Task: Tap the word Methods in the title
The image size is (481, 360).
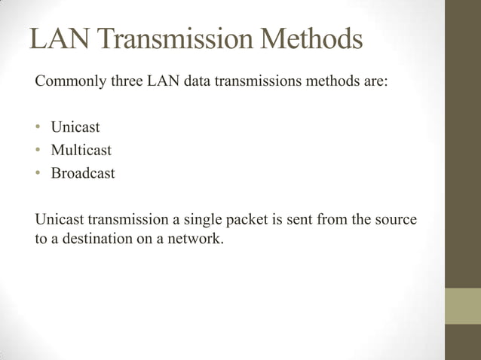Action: coord(311,40)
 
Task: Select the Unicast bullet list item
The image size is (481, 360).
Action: coord(75,127)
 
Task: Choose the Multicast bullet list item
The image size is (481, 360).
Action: coord(81,150)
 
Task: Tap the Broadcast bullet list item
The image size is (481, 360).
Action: coord(83,173)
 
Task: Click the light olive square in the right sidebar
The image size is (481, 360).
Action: coord(462,306)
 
